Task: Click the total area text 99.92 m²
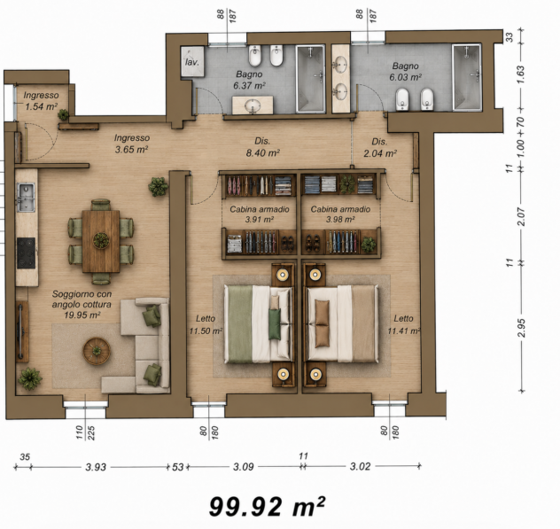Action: tap(267, 506)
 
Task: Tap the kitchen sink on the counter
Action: tap(26, 197)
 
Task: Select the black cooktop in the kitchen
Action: tap(26, 253)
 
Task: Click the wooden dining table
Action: tap(101, 241)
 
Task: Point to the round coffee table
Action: tap(97, 351)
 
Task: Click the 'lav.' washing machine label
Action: tap(192, 62)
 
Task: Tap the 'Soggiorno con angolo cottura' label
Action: tap(82, 304)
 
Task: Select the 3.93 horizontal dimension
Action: tap(96, 467)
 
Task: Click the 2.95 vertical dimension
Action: tap(521, 328)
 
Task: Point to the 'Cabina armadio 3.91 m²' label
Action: tap(260, 214)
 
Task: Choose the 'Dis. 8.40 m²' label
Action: tap(263, 147)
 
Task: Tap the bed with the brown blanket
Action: tap(342, 324)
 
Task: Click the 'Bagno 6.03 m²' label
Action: tap(405, 72)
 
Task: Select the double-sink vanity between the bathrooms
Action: tap(340, 79)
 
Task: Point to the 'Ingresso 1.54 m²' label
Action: tap(41, 101)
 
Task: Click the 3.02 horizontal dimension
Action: tap(360, 466)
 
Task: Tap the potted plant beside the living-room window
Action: tap(30, 378)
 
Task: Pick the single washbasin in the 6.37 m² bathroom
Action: tap(253, 105)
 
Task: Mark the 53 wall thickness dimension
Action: tap(177, 467)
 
